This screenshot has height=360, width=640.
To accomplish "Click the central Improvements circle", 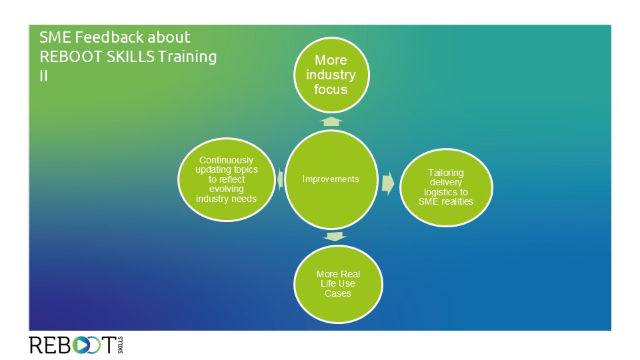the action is pyautogui.click(x=331, y=179).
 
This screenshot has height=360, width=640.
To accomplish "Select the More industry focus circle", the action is pyautogui.click(x=331, y=75).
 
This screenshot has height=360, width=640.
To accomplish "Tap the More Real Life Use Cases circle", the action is pyautogui.click(x=338, y=284).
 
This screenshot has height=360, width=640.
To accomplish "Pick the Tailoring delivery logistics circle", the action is pyautogui.click(x=446, y=187).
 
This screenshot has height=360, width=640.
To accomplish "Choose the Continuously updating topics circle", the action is pyautogui.click(x=227, y=179).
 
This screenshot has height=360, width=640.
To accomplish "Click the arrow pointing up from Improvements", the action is pyautogui.click(x=331, y=121).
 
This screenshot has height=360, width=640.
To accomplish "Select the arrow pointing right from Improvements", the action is pyautogui.click(x=388, y=183).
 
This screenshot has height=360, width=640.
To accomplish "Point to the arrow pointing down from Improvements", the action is pyautogui.click(x=335, y=237).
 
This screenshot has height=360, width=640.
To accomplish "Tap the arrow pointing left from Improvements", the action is pyautogui.click(x=280, y=179).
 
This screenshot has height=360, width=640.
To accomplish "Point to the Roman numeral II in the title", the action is pyautogui.click(x=44, y=76).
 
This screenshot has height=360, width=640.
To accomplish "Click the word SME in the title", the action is pyautogui.click(x=55, y=37).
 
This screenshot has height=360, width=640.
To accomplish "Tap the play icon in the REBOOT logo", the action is pyautogui.click(x=81, y=345).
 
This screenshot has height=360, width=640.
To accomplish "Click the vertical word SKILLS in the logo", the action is pyautogui.click(x=120, y=345).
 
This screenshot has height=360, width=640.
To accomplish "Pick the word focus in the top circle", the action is pyautogui.click(x=331, y=89).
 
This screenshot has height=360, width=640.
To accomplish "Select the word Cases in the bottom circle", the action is pyautogui.click(x=338, y=293).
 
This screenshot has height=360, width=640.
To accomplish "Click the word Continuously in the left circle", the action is pyautogui.click(x=226, y=160).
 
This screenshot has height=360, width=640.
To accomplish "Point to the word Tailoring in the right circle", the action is pyautogui.click(x=446, y=173).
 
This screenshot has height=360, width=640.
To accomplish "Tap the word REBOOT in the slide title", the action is pyautogui.click(x=71, y=57).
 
